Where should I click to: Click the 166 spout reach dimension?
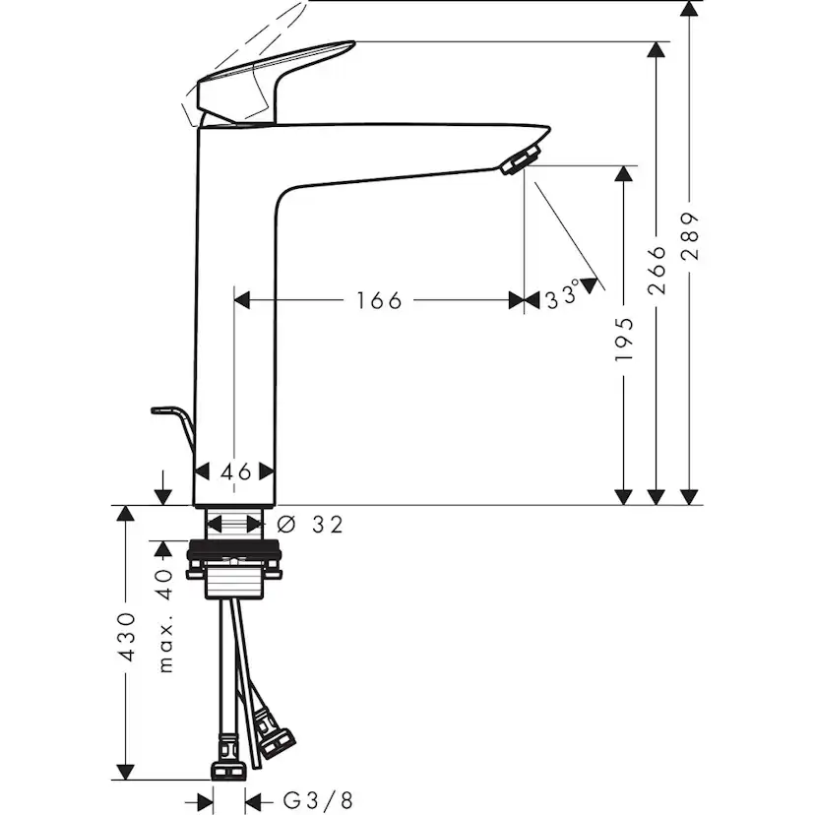[x=379, y=300]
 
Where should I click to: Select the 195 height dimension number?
[x=624, y=339]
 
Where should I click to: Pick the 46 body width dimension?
[x=235, y=471]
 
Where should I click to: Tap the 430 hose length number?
[x=126, y=640]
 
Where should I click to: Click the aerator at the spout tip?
[x=521, y=159]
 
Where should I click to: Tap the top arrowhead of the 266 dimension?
[x=657, y=50]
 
